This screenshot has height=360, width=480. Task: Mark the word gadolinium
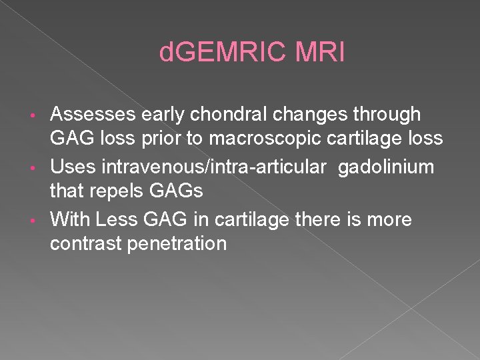(386, 166)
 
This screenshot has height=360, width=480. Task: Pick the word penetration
(183, 244)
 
